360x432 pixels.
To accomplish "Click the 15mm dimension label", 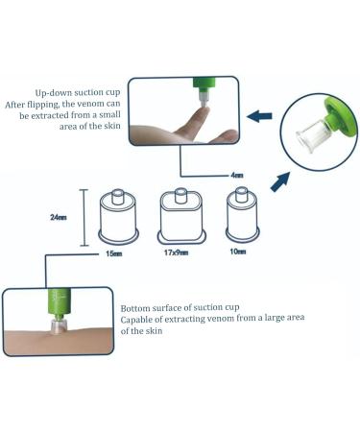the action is [114, 253].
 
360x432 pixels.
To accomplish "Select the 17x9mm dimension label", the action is [176, 252].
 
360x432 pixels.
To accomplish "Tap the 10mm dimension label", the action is [238, 252].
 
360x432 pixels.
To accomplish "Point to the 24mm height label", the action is [59, 217].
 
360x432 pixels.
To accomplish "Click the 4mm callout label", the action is [237, 175].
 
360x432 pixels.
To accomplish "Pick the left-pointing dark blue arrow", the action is [259, 116].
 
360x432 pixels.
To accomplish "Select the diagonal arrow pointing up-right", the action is [280, 181].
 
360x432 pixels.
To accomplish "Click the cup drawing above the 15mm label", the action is [118, 217].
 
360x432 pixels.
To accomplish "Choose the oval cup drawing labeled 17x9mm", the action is [180, 215].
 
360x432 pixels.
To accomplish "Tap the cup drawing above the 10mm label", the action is [242, 215].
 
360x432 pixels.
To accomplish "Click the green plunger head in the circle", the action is [340, 116].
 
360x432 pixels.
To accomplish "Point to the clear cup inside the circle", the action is [310, 137].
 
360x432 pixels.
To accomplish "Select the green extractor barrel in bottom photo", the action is [60, 302].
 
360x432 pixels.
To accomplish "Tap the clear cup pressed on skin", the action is [58, 325].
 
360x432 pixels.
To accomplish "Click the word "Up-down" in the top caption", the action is [54, 93].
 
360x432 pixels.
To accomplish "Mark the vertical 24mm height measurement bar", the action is [84, 218].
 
